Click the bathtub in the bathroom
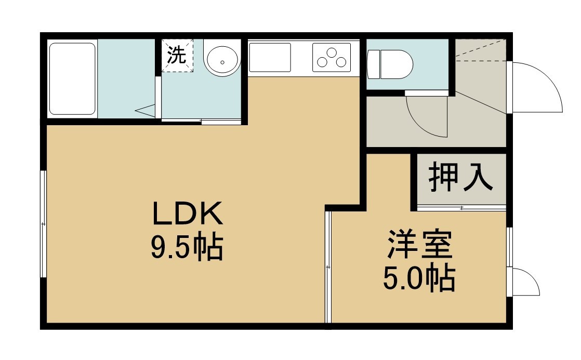coord(73,79)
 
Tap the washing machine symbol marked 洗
coord(177,56)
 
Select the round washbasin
coord(223,61)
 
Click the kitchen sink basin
coord(270,58)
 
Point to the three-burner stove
coord(332,58)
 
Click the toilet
coord(389,64)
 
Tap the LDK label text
coord(188,214)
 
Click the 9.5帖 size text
coord(187,246)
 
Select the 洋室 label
coord(420,245)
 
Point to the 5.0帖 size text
coord(419,278)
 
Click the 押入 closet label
coord(461,178)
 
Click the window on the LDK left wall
coord(43,224)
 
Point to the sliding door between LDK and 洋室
coord(328,266)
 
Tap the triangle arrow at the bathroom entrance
coord(146,110)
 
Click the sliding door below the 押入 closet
coord(461,208)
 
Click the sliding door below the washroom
coord(201,121)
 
